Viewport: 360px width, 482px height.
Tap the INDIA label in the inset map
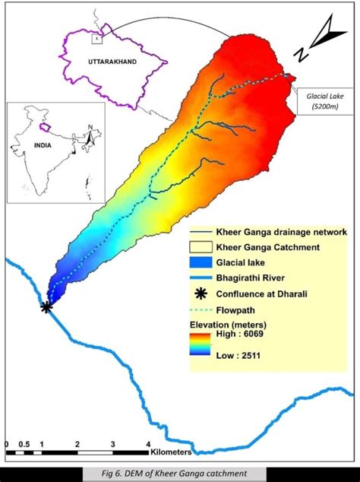click(x=34, y=149)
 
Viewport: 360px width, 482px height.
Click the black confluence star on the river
click(x=47, y=307)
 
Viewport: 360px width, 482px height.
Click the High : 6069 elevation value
click(x=242, y=335)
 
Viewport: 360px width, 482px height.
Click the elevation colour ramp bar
click(x=201, y=344)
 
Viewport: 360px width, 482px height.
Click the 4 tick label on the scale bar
click(x=149, y=444)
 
